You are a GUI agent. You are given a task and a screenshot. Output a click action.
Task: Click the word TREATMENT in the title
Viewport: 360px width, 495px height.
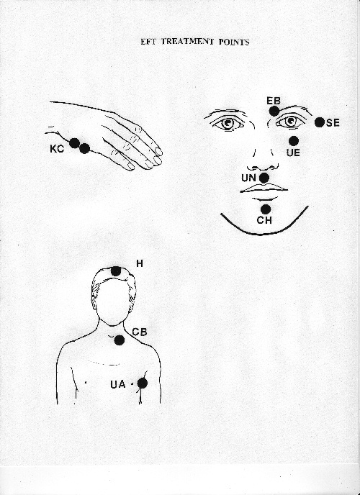tap(188, 42)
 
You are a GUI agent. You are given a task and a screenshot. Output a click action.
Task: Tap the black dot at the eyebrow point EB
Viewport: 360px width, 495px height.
tap(274, 111)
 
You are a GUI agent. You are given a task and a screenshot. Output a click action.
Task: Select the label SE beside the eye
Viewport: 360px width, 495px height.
tap(333, 122)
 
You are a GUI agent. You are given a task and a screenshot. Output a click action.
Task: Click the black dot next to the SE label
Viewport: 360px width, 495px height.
tap(320, 122)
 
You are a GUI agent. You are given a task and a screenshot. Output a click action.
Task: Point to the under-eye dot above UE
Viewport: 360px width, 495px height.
tap(294, 141)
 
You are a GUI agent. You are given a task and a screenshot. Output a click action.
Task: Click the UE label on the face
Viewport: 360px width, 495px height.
tap(293, 153)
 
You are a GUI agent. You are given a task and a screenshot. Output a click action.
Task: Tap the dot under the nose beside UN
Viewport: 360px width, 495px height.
tap(264, 178)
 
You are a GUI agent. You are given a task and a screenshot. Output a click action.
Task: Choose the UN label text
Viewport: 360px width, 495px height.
tap(248, 178)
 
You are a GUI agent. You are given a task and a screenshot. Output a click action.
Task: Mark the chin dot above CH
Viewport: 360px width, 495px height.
tap(266, 209)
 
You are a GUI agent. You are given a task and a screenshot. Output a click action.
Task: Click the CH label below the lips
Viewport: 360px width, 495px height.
tap(264, 220)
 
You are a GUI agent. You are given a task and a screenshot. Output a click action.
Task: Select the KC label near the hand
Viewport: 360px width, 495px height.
tap(57, 149)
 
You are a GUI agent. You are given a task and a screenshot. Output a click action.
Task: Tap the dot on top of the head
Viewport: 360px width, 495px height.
tap(116, 271)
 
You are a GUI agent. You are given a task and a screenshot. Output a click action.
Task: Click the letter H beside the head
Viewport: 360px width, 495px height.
tap(140, 263)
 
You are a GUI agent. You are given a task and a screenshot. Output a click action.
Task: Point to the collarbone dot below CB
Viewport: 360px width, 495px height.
tap(120, 340)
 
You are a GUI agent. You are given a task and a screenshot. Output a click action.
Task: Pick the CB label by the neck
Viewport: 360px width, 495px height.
tap(140, 332)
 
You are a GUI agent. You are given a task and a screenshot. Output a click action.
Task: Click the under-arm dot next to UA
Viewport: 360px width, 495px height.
tap(143, 383)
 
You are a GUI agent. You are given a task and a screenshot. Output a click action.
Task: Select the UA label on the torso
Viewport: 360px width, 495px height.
tap(118, 384)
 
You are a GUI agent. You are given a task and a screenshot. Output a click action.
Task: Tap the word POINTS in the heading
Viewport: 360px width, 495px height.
tap(234, 42)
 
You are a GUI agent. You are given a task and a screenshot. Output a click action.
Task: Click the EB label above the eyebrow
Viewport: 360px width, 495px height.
tap(274, 101)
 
